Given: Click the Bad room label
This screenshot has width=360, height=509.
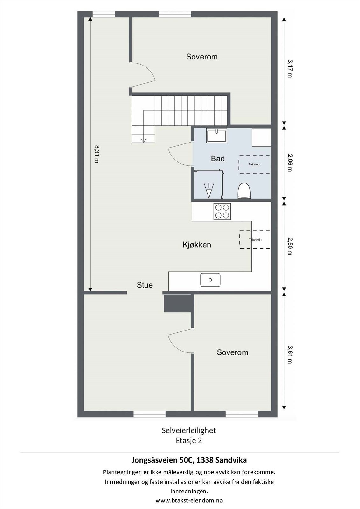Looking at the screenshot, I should click(x=218, y=158).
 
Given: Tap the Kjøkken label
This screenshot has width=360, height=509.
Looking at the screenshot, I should click(x=197, y=245).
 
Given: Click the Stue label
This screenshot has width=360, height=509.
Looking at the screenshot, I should click(x=145, y=285).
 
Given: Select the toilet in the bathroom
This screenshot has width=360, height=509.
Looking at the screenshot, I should click(x=244, y=191).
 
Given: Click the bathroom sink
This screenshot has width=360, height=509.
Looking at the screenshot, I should click(x=216, y=135).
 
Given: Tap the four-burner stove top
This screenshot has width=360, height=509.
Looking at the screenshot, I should click(x=222, y=211).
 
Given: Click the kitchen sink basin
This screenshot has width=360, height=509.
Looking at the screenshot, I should click(x=210, y=280).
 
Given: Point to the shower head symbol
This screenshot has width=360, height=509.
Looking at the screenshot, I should click(x=209, y=191).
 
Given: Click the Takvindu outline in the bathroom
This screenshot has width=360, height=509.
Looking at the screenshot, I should click(x=255, y=164).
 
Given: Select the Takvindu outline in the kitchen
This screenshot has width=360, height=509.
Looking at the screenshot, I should click(x=255, y=240).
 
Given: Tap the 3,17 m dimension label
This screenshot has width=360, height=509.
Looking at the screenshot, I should click(x=289, y=68).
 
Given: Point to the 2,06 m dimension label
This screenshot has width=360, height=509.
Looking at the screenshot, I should click(x=289, y=163).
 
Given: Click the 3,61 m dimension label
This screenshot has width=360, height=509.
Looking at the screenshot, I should click(x=289, y=354).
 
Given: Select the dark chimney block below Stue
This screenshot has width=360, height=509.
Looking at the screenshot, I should click(x=179, y=303).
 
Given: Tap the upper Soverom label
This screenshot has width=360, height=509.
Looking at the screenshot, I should click(x=202, y=57).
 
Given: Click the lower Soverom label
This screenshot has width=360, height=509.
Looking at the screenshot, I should click(x=232, y=352).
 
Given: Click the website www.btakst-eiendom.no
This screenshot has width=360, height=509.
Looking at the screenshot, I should click(x=189, y=500).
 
